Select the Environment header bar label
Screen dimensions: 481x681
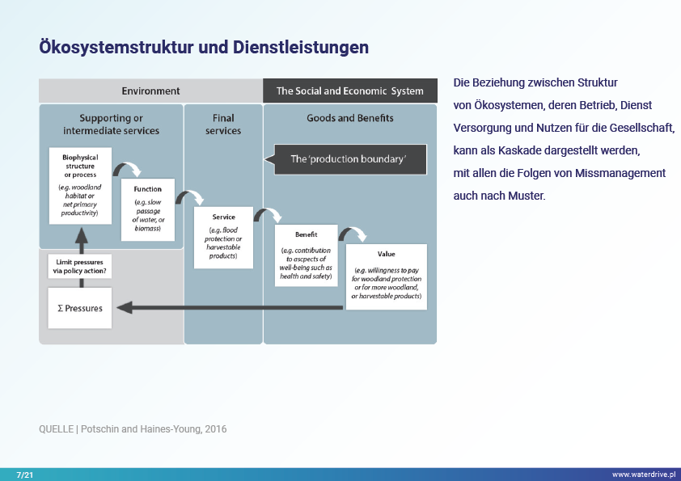[x=150, y=91]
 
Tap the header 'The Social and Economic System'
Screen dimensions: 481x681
[x=349, y=91]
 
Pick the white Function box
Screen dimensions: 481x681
[x=148, y=209]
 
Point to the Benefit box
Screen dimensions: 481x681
[x=306, y=255]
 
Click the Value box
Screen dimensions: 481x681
[x=386, y=276]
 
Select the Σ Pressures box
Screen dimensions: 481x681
[x=79, y=308]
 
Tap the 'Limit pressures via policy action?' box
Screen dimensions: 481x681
[x=80, y=267]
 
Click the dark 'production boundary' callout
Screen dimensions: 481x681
[x=349, y=159]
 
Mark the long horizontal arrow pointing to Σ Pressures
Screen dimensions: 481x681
[x=235, y=307]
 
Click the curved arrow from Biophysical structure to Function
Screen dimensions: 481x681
[x=128, y=169]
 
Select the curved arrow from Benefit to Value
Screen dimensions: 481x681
[x=353, y=234]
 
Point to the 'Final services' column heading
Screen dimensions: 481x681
[x=223, y=124]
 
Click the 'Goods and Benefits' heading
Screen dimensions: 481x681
[x=349, y=118]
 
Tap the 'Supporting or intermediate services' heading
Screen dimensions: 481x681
[x=111, y=124]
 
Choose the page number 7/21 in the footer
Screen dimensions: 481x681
[x=24, y=475]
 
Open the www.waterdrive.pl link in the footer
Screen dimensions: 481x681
[x=643, y=475]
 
